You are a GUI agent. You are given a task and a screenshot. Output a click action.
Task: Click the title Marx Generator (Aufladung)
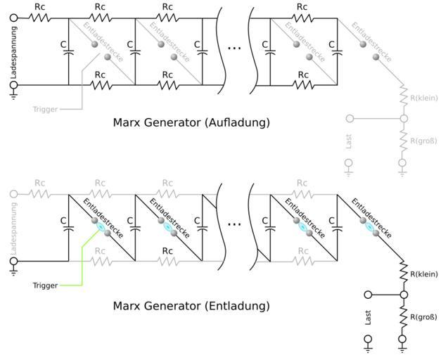191,122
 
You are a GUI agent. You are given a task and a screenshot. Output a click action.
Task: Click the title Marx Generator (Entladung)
191,307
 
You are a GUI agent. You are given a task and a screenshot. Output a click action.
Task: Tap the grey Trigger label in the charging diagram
44,110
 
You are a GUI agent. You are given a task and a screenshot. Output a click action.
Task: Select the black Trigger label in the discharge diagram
44,285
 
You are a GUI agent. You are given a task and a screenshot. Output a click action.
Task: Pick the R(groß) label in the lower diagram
423,316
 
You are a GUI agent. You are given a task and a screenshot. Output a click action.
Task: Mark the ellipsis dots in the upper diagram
234,49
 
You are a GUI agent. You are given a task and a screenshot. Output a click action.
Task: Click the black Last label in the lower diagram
369,318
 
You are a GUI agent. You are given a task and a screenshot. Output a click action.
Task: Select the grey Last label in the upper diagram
350,142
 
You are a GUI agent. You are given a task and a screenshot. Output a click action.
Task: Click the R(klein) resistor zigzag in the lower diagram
403,274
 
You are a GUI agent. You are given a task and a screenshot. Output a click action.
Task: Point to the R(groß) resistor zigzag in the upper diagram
403,141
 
